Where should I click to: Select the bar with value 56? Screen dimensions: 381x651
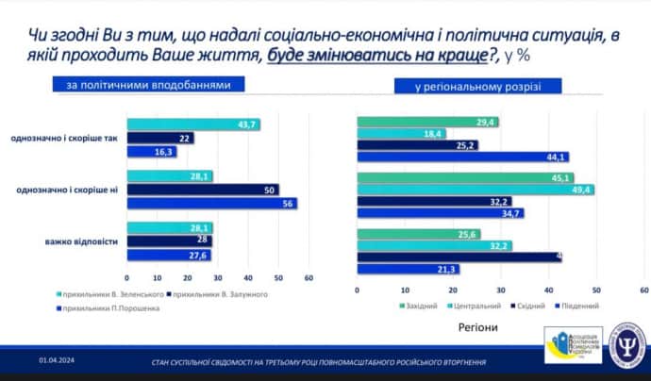click(211, 203)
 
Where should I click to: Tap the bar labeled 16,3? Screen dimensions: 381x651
click(150, 151)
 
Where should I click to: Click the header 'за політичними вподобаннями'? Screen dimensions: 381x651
click(147, 85)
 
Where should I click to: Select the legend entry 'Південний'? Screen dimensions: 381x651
click(580, 306)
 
